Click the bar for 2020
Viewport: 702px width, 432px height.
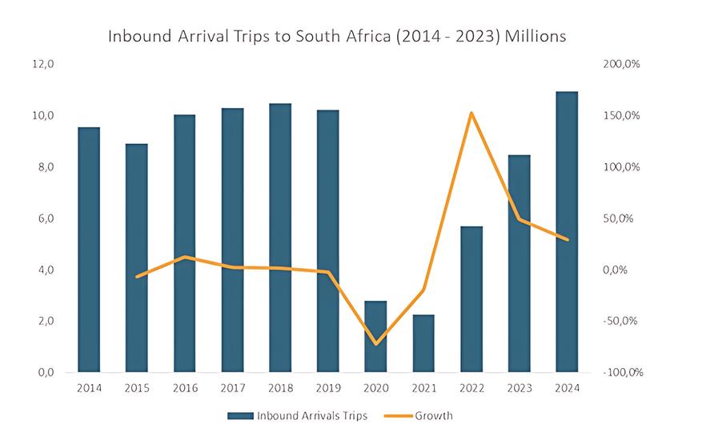click(x=375, y=337)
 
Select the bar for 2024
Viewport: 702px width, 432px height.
click(x=567, y=232)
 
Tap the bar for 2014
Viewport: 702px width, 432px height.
click(x=89, y=250)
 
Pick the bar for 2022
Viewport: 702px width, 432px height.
click(x=471, y=299)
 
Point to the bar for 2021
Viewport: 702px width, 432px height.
click(x=423, y=343)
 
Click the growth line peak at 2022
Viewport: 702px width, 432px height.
click(x=471, y=113)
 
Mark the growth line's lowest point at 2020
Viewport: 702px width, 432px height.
click(x=375, y=344)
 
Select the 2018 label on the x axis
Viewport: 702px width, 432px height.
click(x=280, y=388)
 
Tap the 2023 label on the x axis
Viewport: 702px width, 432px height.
click(x=519, y=388)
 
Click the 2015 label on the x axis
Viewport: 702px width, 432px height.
click(x=137, y=388)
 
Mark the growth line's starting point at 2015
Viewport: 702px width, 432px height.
click(x=137, y=277)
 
